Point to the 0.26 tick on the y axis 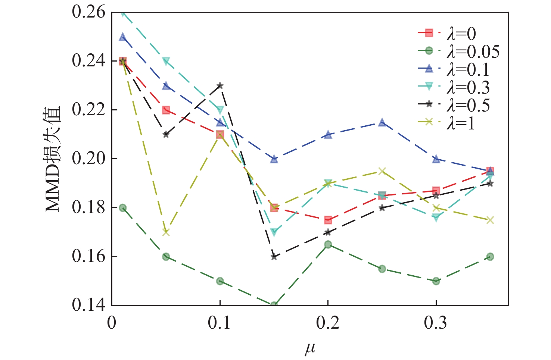[x=88, y=12]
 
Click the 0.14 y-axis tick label [x=88, y=305]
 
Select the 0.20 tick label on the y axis [x=88, y=159]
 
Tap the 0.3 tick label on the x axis [x=435, y=323]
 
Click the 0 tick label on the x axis [x=112, y=323]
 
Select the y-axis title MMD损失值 [x=53, y=159]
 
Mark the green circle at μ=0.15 [x=274, y=305]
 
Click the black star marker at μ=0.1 [x=220, y=85]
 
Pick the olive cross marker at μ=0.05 [x=166, y=232]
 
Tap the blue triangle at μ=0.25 [x=382, y=122]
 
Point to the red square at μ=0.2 [x=328, y=220]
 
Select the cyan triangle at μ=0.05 [x=166, y=61]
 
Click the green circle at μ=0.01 [x=123, y=208]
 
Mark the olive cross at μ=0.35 [x=490, y=220]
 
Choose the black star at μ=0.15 [x=274, y=257]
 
